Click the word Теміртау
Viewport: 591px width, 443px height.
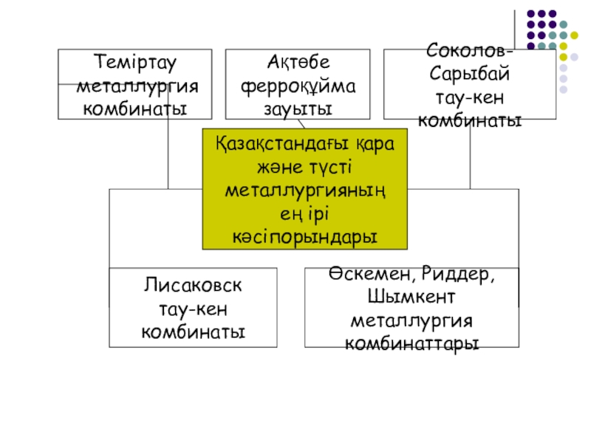pyautogui.click(x=134, y=62)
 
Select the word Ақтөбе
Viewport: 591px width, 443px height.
pyautogui.click(x=298, y=62)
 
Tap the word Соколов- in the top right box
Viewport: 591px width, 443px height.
pyautogui.click(x=469, y=52)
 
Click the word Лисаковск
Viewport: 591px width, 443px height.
pyautogui.click(x=193, y=285)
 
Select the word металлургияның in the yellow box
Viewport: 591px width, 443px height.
pyautogui.click(x=304, y=190)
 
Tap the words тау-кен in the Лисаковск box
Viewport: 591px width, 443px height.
pyautogui.click(x=193, y=308)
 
